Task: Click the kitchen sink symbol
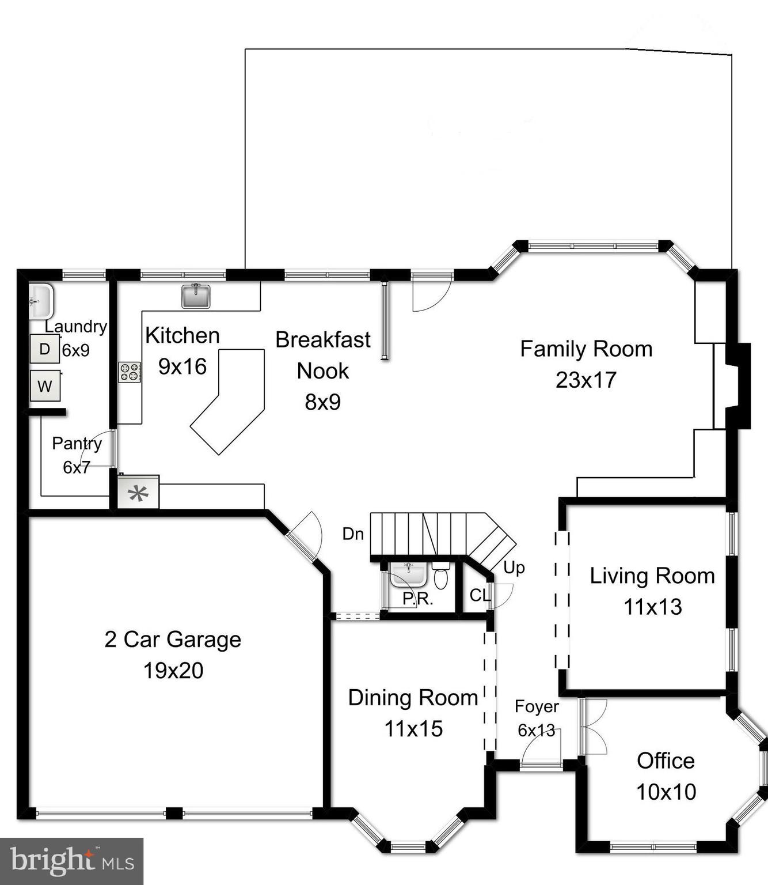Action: point(196,296)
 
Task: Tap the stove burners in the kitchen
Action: point(130,372)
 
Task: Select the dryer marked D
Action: point(45,349)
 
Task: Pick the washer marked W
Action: point(45,386)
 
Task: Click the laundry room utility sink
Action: point(40,301)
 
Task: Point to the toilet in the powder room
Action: point(441,577)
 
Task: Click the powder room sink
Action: point(408,574)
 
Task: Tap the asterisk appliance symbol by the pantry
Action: point(138,493)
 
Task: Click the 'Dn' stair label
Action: point(353,534)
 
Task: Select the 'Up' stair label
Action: point(514,568)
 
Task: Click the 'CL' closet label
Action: point(480,595)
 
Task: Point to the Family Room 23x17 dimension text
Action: point(586,380)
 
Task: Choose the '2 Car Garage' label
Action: point(173,640)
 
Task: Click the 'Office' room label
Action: point(666,761)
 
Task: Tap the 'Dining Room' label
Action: point(413,698)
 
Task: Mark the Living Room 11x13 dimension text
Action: point(653,607)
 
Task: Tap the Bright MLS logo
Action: point(71,861)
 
